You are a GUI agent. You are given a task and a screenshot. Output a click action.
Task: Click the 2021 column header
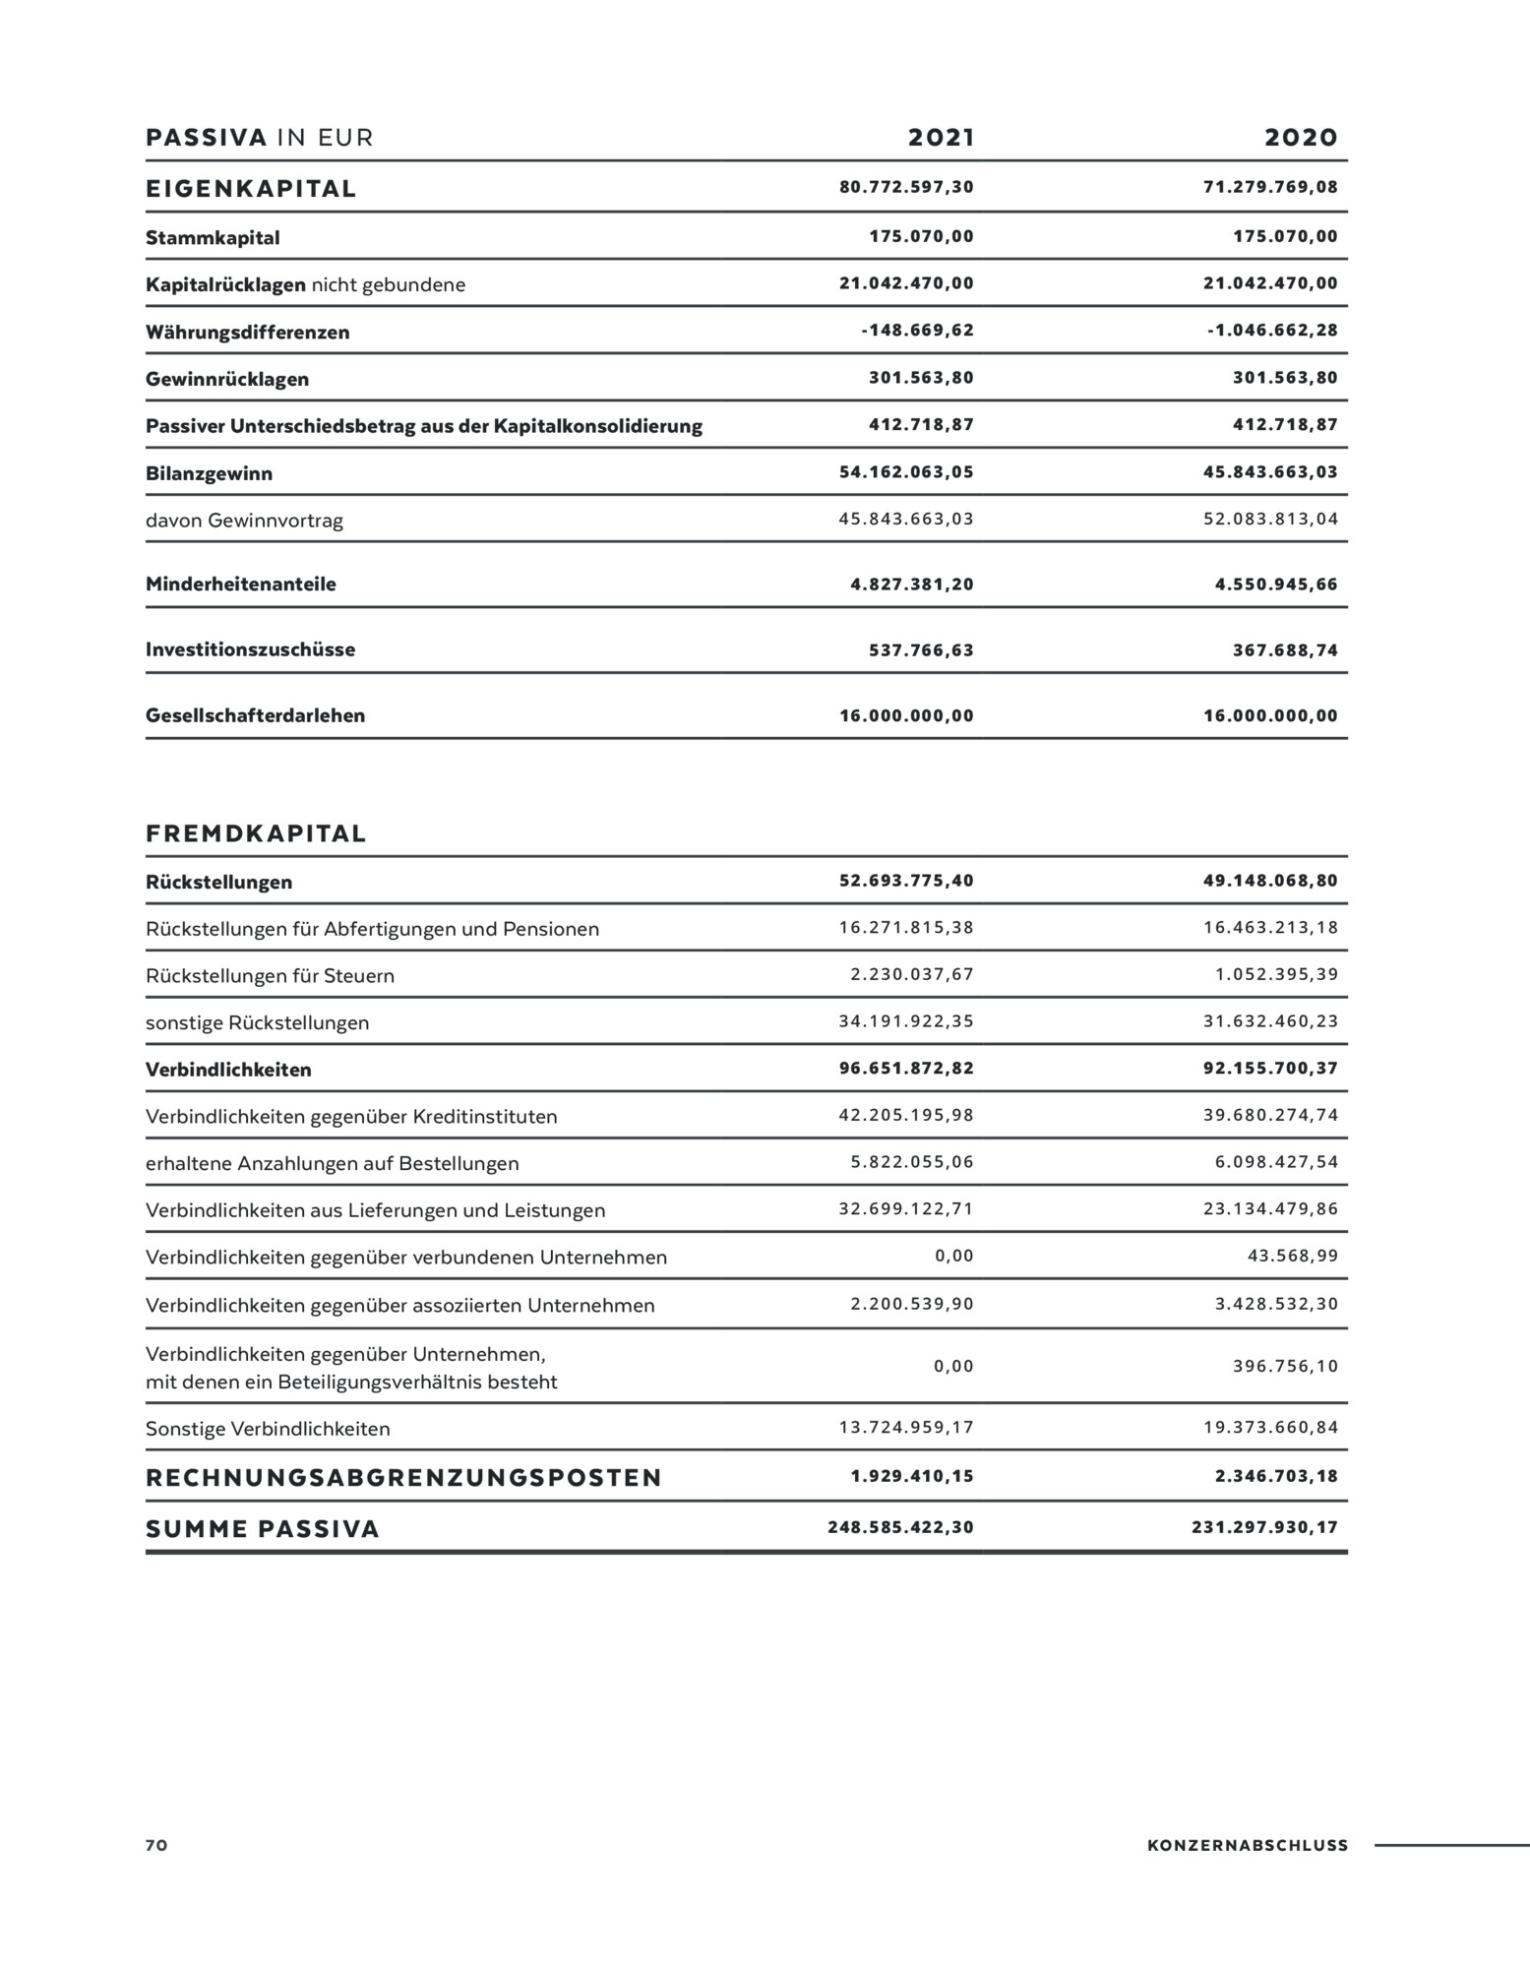941,138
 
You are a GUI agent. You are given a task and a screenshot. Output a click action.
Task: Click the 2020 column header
1301,138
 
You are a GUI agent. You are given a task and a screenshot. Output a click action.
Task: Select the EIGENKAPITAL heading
251,189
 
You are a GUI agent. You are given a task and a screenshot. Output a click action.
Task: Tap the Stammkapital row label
213,238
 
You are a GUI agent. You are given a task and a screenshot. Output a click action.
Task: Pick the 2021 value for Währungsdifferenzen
917,331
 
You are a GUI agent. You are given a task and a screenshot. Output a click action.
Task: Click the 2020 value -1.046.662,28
1272,331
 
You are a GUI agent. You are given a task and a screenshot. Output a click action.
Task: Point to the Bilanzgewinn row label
209,473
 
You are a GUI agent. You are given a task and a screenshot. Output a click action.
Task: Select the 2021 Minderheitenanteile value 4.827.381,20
911,584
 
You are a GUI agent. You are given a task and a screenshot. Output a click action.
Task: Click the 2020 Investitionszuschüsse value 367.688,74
1285,650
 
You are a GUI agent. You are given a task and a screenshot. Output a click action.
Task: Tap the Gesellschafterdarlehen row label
255,715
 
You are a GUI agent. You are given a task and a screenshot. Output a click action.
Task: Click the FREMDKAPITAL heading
256,834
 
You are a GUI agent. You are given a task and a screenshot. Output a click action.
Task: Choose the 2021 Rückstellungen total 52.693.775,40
906,881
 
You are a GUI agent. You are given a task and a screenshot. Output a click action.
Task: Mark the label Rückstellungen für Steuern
270,976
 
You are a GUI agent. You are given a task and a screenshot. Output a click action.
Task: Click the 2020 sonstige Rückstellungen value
1270,1021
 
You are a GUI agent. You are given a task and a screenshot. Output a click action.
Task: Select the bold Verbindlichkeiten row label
228,1070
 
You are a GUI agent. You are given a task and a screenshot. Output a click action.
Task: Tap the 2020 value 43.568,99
1293,1257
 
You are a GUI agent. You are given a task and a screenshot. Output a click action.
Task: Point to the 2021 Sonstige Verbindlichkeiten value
906,1428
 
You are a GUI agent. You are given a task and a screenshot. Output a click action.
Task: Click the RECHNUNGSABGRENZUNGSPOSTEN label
403,1478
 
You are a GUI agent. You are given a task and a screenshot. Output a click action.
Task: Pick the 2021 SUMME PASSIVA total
900,1528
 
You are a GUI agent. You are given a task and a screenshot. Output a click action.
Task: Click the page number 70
156,1846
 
